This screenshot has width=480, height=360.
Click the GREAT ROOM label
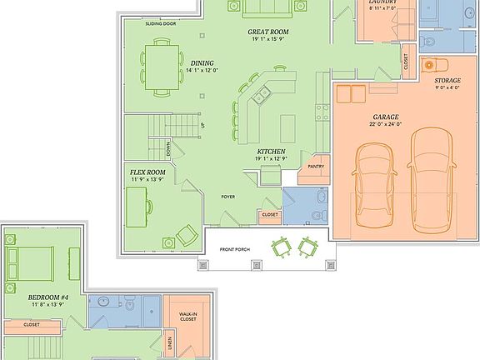tap(267, 33)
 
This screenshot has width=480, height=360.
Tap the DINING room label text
tap(201, 63)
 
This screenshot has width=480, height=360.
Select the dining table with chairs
tap(162, 65)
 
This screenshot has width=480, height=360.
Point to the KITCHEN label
tap(272, 152)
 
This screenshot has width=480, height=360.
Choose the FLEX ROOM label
tap(147, 172)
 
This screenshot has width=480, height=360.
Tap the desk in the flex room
tap(137, 205)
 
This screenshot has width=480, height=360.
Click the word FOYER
tap(227, 197)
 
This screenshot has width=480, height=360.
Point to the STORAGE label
tap(447, 81)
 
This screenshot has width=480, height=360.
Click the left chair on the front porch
tap(281, 247)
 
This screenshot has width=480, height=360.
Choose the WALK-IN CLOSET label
tap(187, 317)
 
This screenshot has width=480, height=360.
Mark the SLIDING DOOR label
tap(160, 24)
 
